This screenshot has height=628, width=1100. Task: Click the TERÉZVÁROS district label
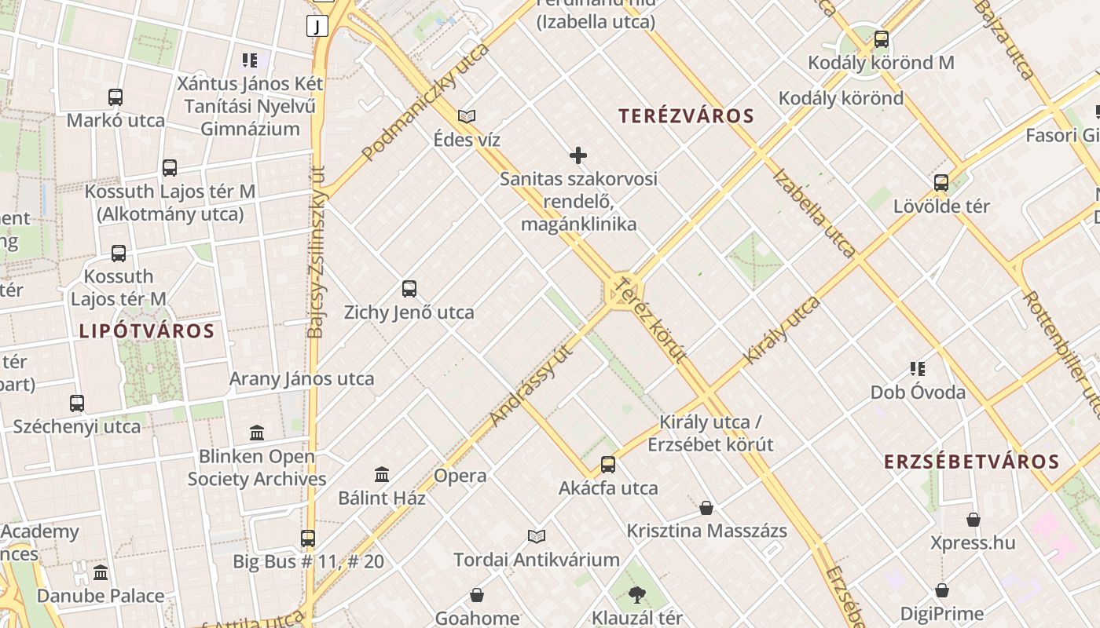[686, 116]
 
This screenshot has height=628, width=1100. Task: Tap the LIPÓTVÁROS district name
[147, 330]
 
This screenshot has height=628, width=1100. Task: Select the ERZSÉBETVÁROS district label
[972, 461]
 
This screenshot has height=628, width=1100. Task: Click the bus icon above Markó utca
[115, 97]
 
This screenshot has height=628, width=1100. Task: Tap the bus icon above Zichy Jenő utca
[409, 288]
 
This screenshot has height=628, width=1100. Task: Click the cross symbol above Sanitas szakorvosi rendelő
[578, 155]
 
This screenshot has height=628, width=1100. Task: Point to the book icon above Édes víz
[467, 116]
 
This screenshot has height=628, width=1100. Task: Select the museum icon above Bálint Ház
[382, 474]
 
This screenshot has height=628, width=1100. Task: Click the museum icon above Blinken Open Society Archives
[257, 433]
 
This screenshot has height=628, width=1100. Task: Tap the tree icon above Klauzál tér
[637, 595]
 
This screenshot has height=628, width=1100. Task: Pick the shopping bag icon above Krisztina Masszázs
[706, 507]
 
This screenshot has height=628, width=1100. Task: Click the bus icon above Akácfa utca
[608, 464]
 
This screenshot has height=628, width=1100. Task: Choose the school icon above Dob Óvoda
[918, 368]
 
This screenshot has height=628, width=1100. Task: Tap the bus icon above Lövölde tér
[941, 183]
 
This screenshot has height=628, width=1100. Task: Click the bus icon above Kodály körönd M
[882, 38]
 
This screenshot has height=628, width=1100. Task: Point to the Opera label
[460, 476]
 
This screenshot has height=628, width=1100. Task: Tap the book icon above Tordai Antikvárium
[537, 536]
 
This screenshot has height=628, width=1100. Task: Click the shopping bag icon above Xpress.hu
[973, 519]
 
